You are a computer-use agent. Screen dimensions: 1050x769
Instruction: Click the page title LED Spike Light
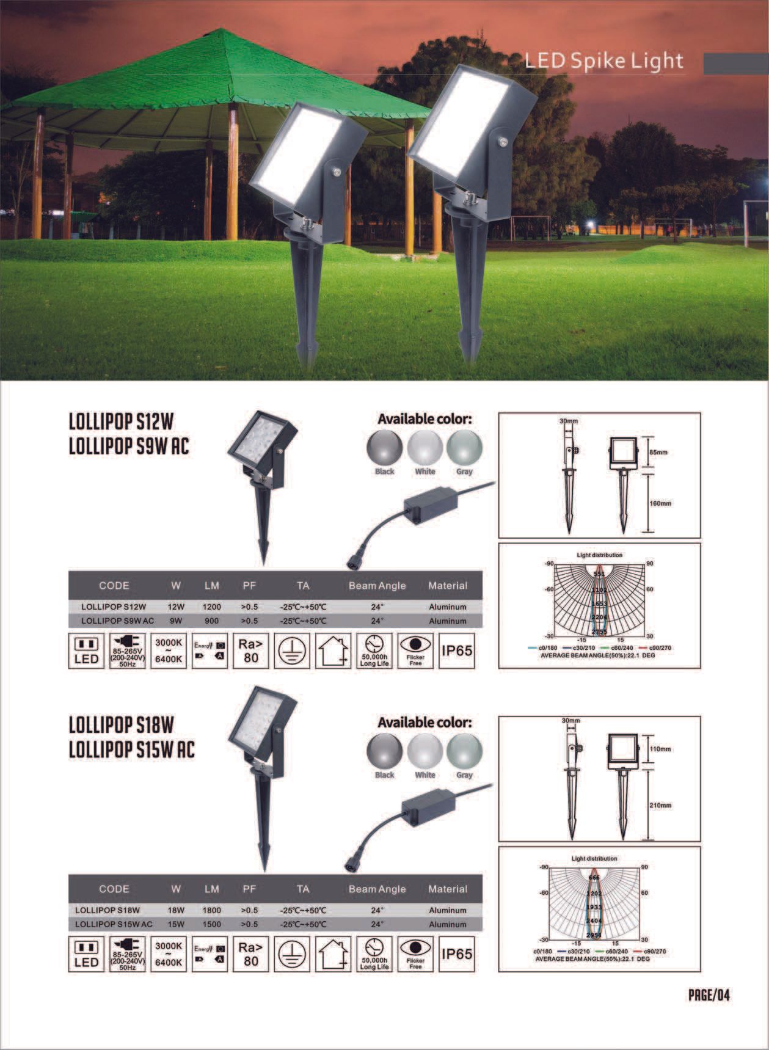pos(603,61)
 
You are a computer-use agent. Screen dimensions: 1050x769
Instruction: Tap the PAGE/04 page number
pos(709,995)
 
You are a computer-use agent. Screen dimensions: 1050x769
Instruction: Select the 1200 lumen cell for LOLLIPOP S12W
pos(212,607)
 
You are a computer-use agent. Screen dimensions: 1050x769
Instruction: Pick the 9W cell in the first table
pos(176,621)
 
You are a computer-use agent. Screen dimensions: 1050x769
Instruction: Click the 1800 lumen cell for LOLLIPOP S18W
pos(212,910)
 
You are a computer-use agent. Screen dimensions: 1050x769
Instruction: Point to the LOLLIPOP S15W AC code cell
pos(114,924)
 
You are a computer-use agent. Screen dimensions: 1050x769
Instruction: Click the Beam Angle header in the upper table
pos(377,586)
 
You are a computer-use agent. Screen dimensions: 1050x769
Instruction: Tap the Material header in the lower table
pos(448,889)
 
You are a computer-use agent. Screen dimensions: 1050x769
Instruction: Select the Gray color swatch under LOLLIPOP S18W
pos(464,751)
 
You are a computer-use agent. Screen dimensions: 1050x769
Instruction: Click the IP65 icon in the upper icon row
pos(456,651)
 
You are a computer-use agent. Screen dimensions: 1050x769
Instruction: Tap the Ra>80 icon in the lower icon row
pos(250,954)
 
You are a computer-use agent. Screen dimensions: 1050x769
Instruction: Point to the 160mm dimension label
pos(660,504)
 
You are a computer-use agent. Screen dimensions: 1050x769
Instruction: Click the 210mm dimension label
pos(660,806)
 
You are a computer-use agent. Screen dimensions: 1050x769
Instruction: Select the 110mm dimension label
pos(660,749)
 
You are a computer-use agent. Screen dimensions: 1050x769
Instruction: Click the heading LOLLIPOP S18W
pos(122,725)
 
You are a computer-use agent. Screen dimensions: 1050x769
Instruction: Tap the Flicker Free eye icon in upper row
pos(415,651)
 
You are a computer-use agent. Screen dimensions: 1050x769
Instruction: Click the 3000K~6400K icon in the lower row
pos(169,954)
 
